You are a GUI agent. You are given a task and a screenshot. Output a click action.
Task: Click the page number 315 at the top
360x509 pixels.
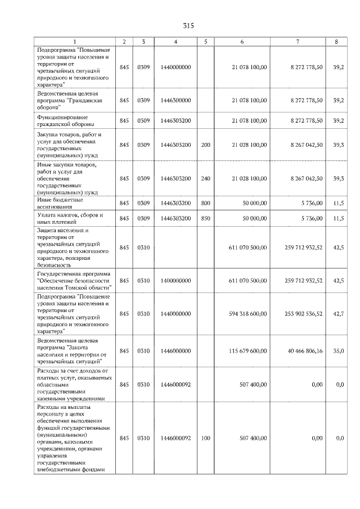click(x=188, y=26)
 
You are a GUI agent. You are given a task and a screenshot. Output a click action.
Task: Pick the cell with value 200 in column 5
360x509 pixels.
click(x=205, y=145)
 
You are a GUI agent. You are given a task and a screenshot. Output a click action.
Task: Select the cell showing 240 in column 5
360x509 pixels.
click(x=205, y=179)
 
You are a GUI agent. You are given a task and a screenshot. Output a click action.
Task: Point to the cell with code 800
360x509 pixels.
click(x=205, y=202)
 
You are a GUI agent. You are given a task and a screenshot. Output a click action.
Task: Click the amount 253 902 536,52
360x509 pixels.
click(x=304, y=314)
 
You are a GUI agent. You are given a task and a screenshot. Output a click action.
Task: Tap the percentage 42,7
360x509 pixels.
click(x=338, y=314)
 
